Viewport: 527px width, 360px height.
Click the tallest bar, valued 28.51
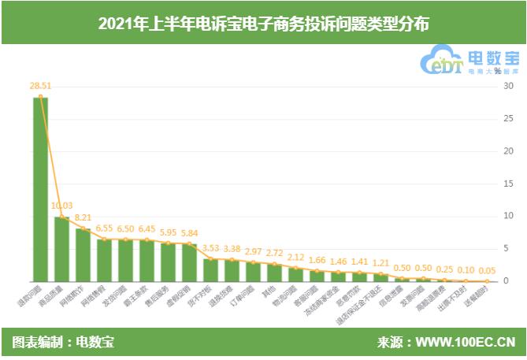coord(40,189)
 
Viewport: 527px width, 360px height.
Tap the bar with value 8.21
coord(83,254)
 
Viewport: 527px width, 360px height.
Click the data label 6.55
coord(104,228)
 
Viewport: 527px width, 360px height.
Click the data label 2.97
coord(253,251)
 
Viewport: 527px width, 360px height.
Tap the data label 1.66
coord(317,260)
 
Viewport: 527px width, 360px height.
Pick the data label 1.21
coord(380,262)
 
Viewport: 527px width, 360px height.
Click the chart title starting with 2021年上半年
coord(263,23)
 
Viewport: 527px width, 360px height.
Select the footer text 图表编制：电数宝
coord(63,343)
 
